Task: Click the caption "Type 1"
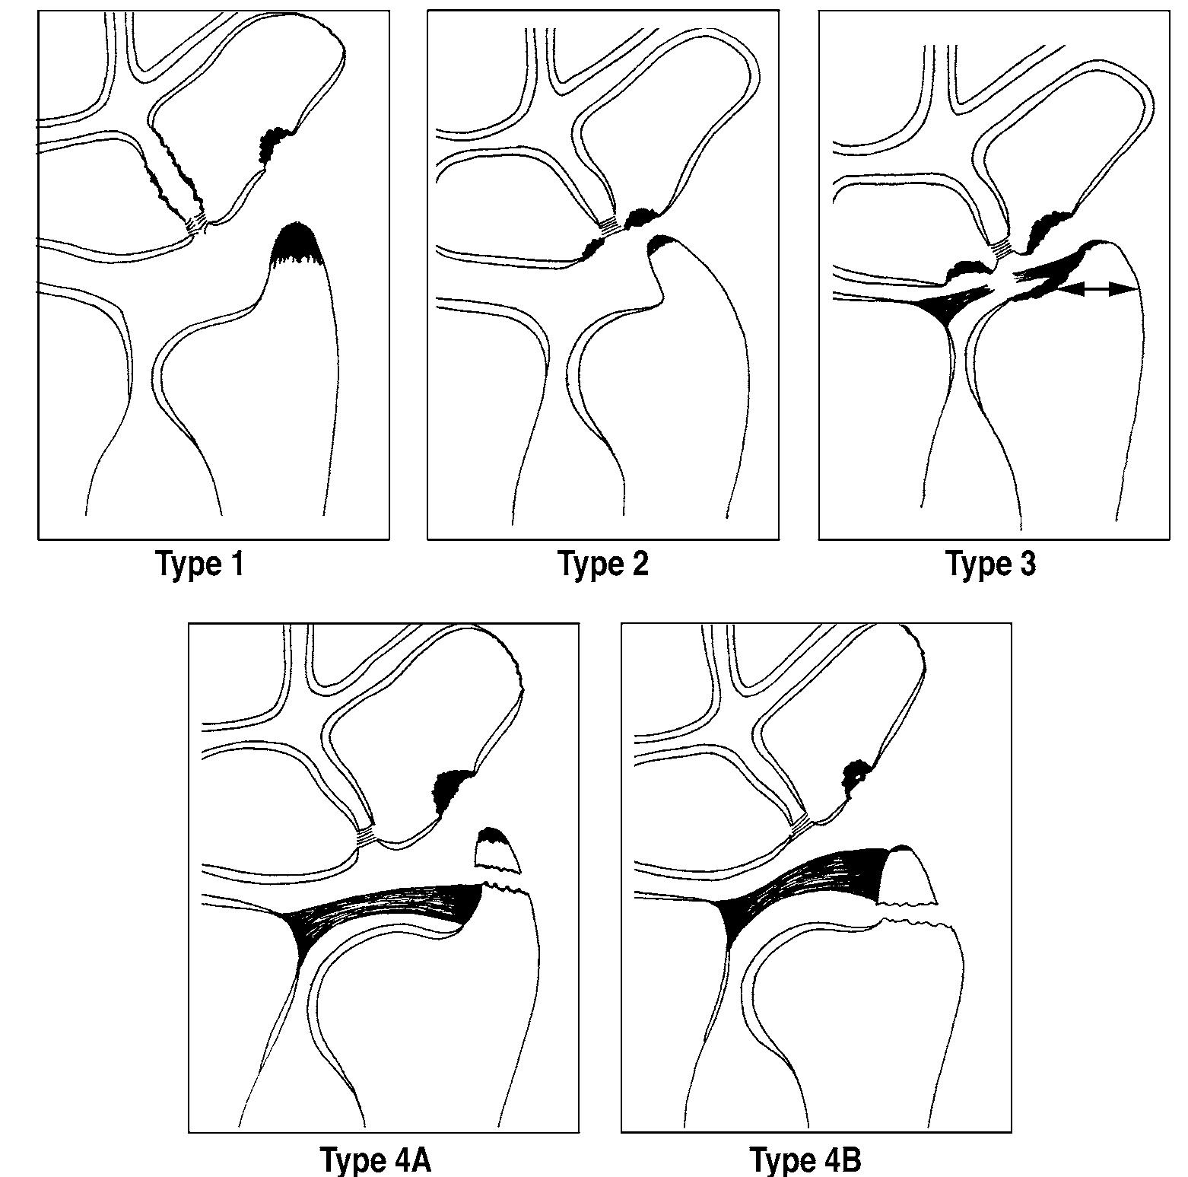200,565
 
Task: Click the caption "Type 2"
604,565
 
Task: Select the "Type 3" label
991,565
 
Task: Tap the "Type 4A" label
376,1160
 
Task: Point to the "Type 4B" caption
805,1160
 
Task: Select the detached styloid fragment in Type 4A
497,851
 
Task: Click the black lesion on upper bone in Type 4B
857,776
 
